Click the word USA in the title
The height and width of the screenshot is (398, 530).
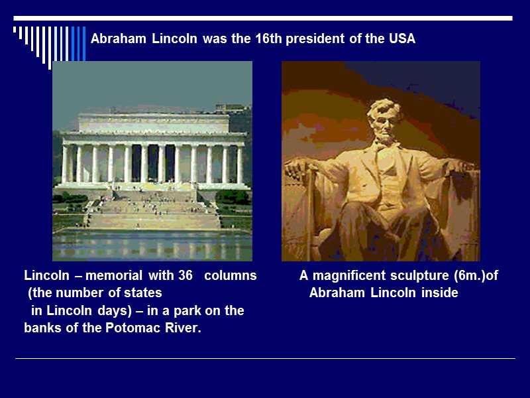tap(401, 39)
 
